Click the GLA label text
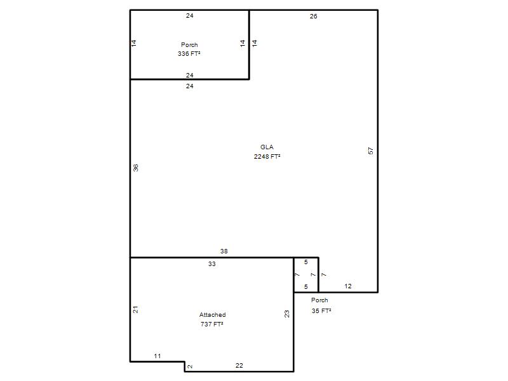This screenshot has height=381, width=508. pyautogui.click(x=267, y=147)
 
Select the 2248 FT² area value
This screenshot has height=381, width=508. pyautogui.click(x=267, y=156)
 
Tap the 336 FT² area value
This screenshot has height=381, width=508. pyautogui.click(x=189, y=53)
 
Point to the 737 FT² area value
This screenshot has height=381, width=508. pyautogui.click(x=212, y=324)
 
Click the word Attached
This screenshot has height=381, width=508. pyautogui.click(x=213, y=314)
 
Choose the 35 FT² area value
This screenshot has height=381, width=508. pyautogui.click(x=321, y=311)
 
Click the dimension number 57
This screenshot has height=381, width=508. pyautogui.click(x=371, y=150)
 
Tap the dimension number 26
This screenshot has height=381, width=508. pyautogui.click(x=313, y=17)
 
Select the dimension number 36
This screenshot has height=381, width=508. pyautogui.click(x=135, y=168)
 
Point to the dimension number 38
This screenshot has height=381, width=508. pyautogui.click(x=224, y=251)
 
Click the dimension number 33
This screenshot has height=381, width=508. pyautogui.click(x=212, y=264)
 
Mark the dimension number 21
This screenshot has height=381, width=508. pyautogui.click(x=135, y=309)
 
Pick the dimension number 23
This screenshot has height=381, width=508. pyautogui.click(x=287, y=314)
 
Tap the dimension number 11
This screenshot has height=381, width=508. pyautogui.click(x=157, y=356)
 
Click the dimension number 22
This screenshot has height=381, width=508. pyautogui.click(x=239, y=366)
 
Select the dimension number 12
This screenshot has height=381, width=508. pyautogui.click(x=348, y=286)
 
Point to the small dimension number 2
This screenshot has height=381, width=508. pyautogui.click(x=190, y=366)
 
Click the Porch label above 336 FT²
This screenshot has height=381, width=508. pyautogui.click(x=189, y=44)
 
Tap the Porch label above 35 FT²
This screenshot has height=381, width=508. pyautogui.click(x=319, y=300)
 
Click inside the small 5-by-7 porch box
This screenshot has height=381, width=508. pyautogui.click(x=306, y=275)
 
